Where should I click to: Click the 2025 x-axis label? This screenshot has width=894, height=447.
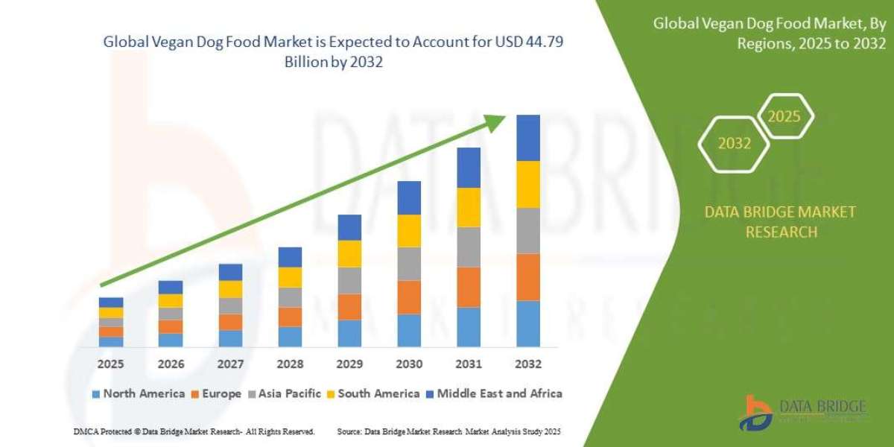pos(111,364)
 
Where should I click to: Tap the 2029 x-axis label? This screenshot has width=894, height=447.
pos(349,364)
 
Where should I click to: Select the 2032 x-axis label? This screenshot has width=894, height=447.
pos(527,364)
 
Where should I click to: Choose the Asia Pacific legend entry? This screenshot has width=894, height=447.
pos(286,393)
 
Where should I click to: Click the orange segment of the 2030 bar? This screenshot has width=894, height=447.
pos(409,297)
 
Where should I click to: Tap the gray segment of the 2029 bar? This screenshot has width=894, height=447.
pos(349,280)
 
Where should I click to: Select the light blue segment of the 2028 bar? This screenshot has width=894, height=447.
pos(290,337)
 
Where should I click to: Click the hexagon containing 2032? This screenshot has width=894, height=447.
pos(735,144)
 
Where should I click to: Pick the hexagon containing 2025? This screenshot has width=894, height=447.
pos(784,117)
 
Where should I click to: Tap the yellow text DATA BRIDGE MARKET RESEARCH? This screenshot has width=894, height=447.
pos(780,222)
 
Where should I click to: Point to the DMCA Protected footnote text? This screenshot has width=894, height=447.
pos(194,431)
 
